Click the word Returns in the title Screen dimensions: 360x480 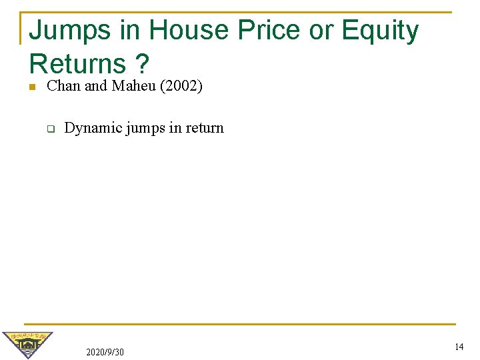tap(77, 64)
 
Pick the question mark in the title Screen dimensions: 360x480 tap(141, 64)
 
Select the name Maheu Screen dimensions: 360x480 tap(131, 85)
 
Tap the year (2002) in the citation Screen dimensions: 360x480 tap(181, 85)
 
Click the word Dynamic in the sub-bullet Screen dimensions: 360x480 tap(89, 128)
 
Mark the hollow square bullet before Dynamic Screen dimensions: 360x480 tap(49, 129)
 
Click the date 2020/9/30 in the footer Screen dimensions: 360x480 tap(105, 351)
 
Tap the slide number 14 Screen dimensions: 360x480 tap(459, 347)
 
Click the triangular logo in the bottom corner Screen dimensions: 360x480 tap(27, 344)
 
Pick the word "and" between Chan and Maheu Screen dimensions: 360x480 tap(95, 85)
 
